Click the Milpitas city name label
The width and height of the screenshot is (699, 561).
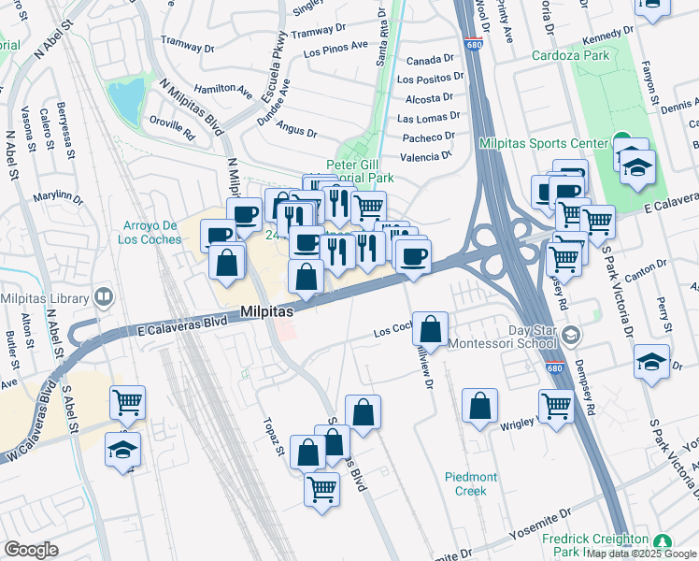267,311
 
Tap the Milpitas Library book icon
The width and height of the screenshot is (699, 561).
104,299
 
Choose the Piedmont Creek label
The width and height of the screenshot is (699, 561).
471,483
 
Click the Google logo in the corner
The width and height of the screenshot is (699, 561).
31,550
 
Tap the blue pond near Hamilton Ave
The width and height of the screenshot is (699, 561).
126,97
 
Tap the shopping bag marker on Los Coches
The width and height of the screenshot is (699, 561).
430,329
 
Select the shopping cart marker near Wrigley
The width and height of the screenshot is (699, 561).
557,407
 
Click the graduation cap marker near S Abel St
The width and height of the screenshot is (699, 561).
123,450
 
